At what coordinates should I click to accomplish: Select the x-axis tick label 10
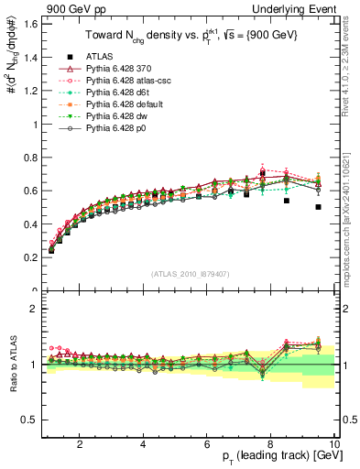click(x=333, y=445)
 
